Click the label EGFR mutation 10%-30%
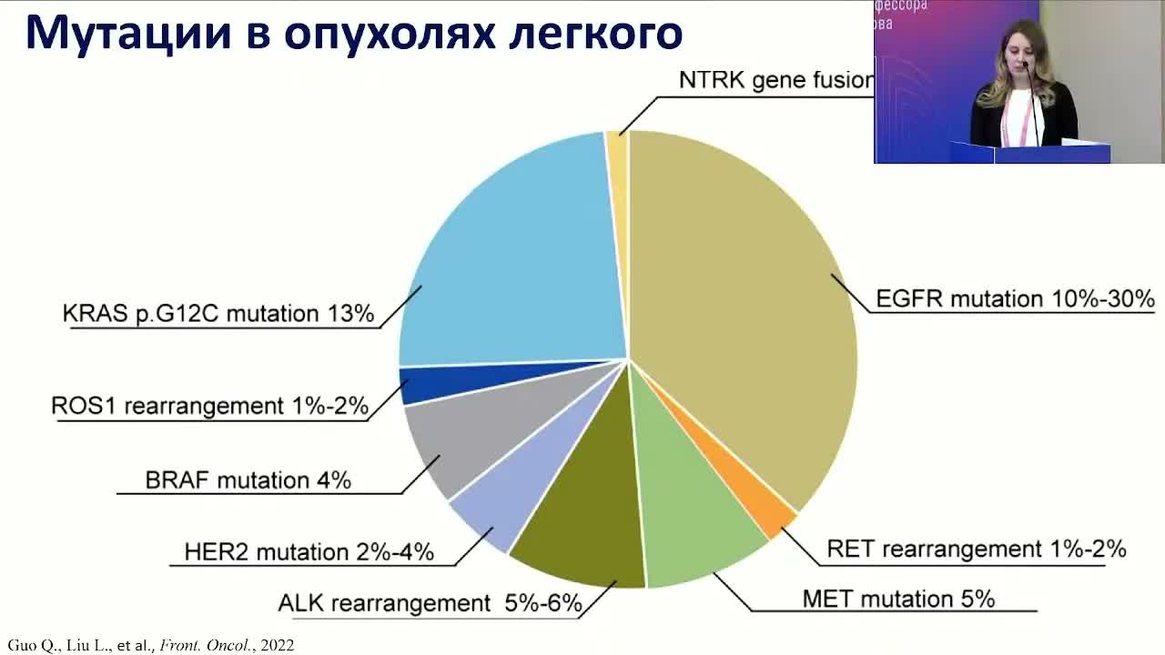(x=1014, y=298)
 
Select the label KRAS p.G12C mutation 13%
(x=218, y=314)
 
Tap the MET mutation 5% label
(x=898, y=599)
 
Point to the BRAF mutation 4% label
(x=248, y=479)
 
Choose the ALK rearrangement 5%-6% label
(x=430, y=603)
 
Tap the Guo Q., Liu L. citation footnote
(x=151, y=645)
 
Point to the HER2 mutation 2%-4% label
(x=309, y=551)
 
